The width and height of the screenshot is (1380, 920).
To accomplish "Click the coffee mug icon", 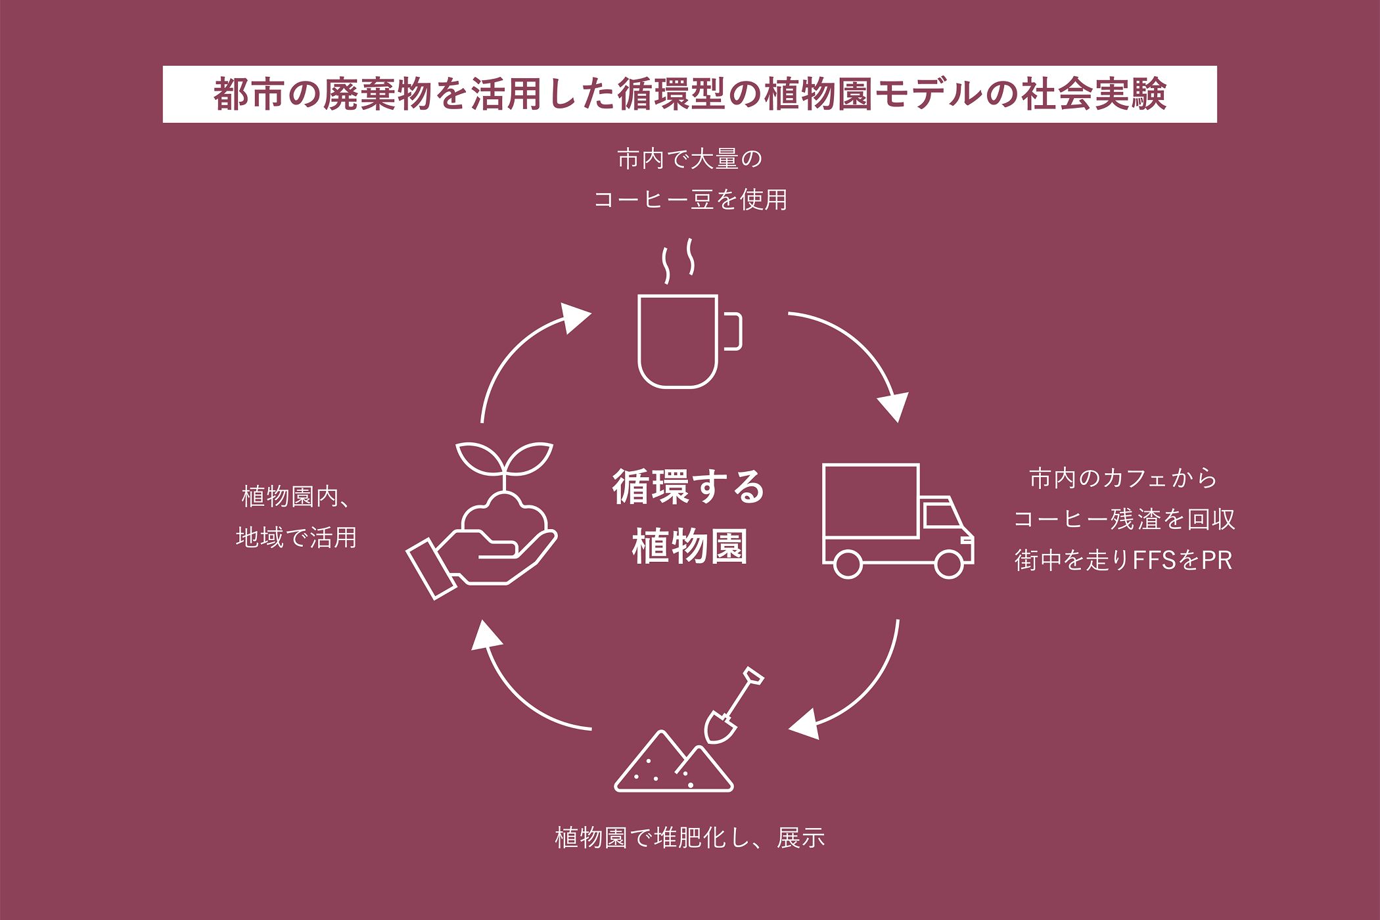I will (x=678, y=341).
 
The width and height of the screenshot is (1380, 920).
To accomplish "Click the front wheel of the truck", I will (x=948, y=564).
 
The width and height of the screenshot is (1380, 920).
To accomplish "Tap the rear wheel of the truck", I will (x=848, y=564).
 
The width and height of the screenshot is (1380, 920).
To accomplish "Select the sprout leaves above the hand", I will (x=504, y=459).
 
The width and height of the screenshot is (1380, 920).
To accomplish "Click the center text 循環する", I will (x=689, y=487).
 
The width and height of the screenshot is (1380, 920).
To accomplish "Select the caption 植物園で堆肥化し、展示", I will (x=689, y=838).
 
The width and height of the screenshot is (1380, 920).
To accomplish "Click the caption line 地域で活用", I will (x=296, y=538).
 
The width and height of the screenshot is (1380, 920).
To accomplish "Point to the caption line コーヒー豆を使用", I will (x=690, y=200).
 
